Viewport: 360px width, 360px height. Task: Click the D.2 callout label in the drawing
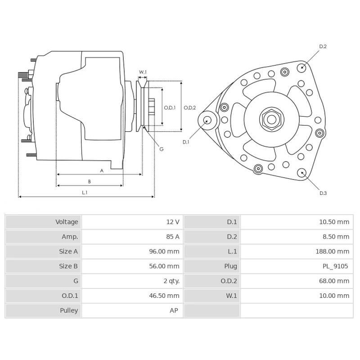323,46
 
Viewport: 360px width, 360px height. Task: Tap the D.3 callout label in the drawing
323,193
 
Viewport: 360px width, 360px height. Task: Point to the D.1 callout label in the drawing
186,142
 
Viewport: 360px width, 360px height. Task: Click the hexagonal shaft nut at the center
271,119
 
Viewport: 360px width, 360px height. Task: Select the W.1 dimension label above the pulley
143,72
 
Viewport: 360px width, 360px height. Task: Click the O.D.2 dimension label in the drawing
189,108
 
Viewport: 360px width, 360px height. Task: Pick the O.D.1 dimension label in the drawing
170,108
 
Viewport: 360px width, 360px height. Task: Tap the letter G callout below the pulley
161,149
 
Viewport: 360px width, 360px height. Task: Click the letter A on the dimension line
102,171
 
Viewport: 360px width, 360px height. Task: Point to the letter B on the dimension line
90,181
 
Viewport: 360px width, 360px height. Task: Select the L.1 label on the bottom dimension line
84,193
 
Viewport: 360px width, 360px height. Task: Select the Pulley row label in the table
69,310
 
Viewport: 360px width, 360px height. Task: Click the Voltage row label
67,222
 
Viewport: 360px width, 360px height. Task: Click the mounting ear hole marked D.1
207,120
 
